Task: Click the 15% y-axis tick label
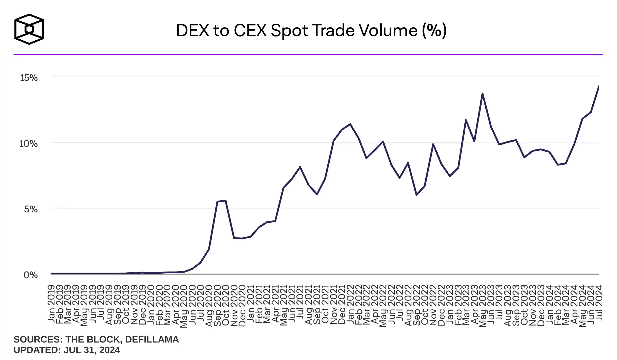pos(29,78)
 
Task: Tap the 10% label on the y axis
pos(29,144)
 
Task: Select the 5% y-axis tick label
pos(31,209)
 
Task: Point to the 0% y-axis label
pos(31,275)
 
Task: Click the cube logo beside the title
pos(29,29)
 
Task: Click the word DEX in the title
pos(192,31)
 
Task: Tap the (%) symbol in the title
pos(434,31)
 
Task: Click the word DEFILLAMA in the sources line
pos(152,339)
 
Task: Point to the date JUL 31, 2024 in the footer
pos(92,350)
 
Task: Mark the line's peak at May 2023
pos(482,94)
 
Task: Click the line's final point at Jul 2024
pos(599,87)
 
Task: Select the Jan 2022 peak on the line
pos(350,124)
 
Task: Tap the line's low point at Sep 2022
pos(416,195)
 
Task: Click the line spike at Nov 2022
pos(433,144)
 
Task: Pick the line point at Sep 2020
pos(217,202)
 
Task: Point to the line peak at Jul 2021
pos(300,167)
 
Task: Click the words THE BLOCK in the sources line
pos(94,339)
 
